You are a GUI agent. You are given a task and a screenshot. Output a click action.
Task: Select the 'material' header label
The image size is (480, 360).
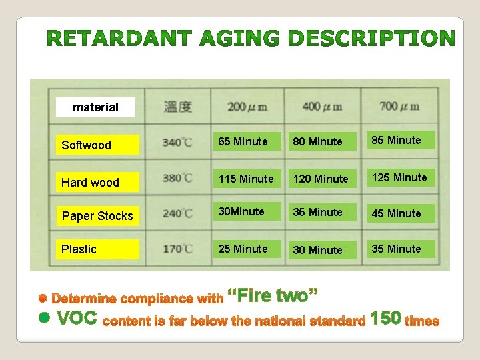pyautogui.click(x=95, y=107)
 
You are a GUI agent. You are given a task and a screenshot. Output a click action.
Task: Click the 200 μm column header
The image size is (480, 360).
pyautogui.click(x=247, y=106)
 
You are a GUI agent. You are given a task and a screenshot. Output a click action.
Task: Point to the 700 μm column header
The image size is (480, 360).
pyautogui.click(x=398, y=105)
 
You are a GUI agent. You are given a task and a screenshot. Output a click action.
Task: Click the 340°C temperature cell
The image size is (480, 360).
pyautogui.click(x=177, y=142)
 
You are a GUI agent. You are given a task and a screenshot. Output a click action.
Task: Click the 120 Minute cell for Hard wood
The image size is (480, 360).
pyautogui.click(x=321, y=179)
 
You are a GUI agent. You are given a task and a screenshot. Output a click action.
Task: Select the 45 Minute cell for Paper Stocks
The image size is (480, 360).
pyautogui.click(x=397, y=213)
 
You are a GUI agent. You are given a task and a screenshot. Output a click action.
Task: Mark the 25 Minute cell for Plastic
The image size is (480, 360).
pyautogui.click(x=243, y=249)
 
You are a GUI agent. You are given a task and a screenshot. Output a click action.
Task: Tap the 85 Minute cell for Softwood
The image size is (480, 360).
pyautogui.click(x=397, y=140)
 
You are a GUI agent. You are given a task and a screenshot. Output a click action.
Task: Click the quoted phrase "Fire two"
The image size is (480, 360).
pyautogui.click(x=273, y=294)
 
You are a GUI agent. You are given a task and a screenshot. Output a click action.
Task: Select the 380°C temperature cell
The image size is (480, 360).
pyautogui.click(x=177, y=178)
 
